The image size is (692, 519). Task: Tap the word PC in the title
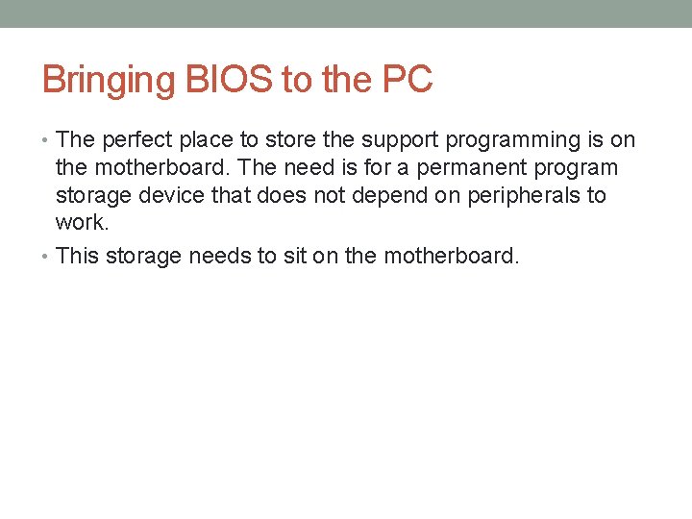pyautogui.click(x=407, y=80)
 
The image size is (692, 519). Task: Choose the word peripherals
pyautogui.click(x=531, y=196)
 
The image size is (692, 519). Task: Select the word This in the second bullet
pyautogui.click(x=78, y=257)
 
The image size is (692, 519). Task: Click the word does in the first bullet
pyautogui.click(x=260, y=196)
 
